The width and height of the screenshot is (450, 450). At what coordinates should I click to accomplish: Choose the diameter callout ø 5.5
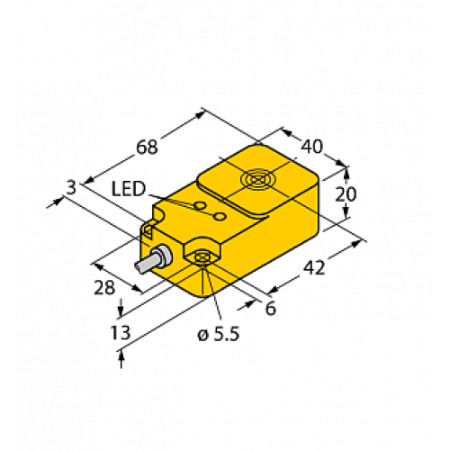tap(218, 335)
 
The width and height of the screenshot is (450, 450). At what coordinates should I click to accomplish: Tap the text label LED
tap(130, 188)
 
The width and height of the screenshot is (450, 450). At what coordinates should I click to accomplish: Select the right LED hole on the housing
tap(219, 216)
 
